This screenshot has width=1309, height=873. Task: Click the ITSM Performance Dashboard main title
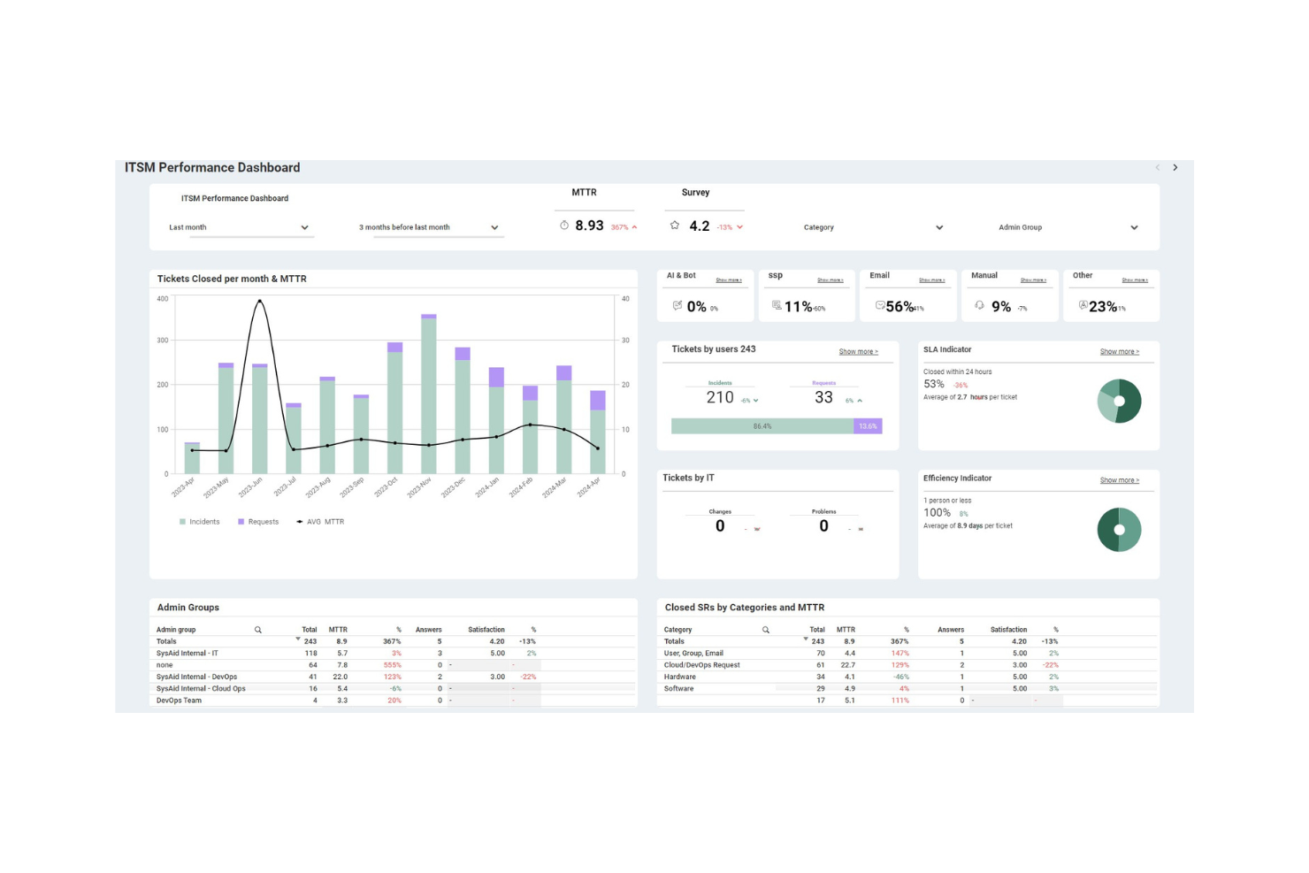coord(212,168)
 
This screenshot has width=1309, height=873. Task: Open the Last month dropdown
coord(239,227)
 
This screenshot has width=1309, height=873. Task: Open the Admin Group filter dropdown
coord(1068,227)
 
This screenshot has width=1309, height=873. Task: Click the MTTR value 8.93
coord(589,226)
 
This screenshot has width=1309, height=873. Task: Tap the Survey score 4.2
coord(699,226)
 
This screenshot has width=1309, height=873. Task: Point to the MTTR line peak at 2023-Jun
coord(259,302)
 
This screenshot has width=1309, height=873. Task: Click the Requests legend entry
coord(258,522)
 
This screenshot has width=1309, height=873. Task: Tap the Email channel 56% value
coord(899,307)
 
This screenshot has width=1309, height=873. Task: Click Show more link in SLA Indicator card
coord(1119,352)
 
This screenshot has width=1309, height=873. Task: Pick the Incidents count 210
coord(720,398)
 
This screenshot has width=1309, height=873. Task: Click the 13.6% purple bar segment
coord(868,426)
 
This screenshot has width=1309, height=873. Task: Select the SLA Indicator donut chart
coord(1119,402)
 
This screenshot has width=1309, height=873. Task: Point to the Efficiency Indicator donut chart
coord(1119,530)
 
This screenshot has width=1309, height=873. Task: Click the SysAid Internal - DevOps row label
coord(196,677)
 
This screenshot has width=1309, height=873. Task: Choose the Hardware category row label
coord(679,677)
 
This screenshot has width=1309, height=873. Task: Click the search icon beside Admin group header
coord(258,630)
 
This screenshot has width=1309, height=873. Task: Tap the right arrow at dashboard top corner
coord(1175,168)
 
